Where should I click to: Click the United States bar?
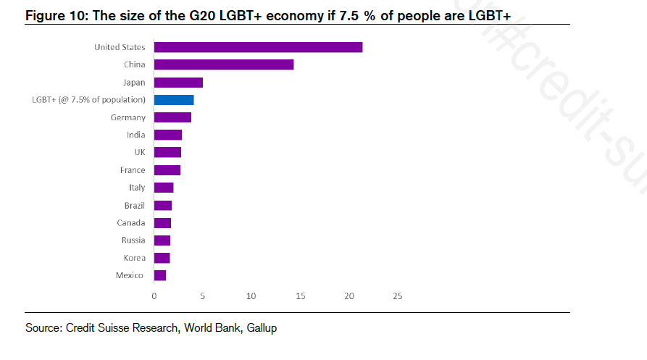(258, 47)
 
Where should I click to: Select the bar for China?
(224, 64)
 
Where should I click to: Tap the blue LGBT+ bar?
(174, 100)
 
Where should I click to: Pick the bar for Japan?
(178, 83)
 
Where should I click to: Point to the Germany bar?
(172, 117)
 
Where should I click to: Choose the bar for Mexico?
(160, 275)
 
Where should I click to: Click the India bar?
(168, 135)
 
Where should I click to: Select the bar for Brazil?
(163, 205)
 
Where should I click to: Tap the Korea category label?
(134, 258)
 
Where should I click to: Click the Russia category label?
(133, 240)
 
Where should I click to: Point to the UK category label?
(138, 152)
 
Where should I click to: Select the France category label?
(133, 170)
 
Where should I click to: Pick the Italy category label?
(137, 188)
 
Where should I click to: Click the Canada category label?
(131, 222)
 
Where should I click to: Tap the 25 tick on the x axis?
(397, 296)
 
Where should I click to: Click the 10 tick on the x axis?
(251, 296)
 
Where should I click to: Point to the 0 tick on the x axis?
(154, 296)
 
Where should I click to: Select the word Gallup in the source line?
(262, 328)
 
